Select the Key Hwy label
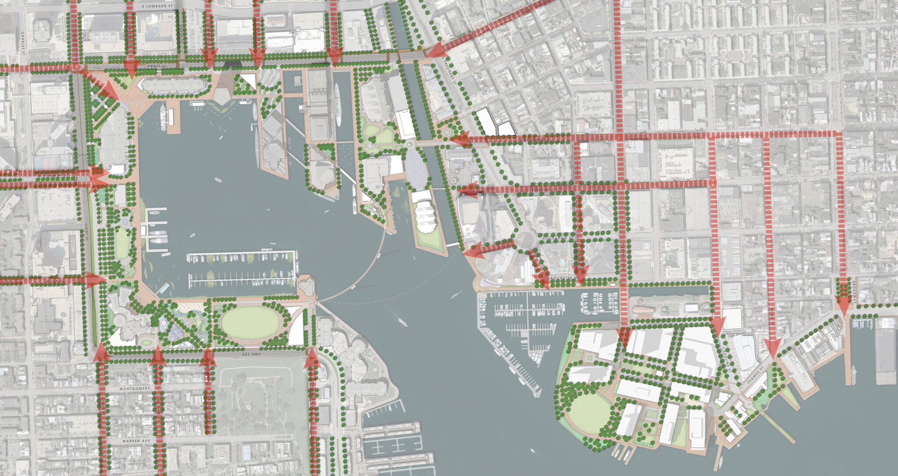[x=249, y=353]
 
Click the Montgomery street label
[x=134, y=389]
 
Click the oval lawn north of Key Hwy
[x=251, y=325]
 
